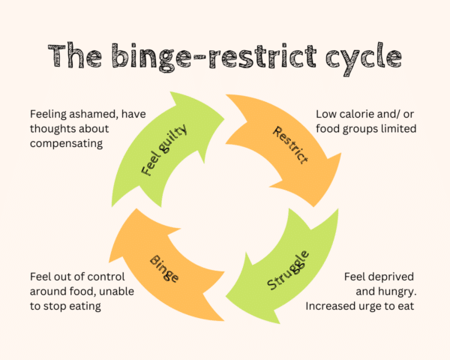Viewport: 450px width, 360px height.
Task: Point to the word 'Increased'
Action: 331,305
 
